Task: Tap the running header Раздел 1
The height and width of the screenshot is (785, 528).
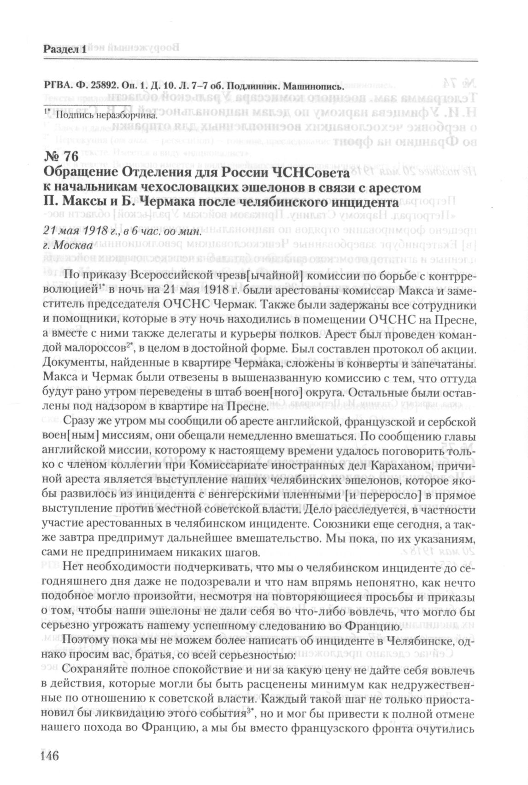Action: [65, 50]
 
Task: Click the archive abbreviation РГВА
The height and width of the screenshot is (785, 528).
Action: [56, 86]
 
